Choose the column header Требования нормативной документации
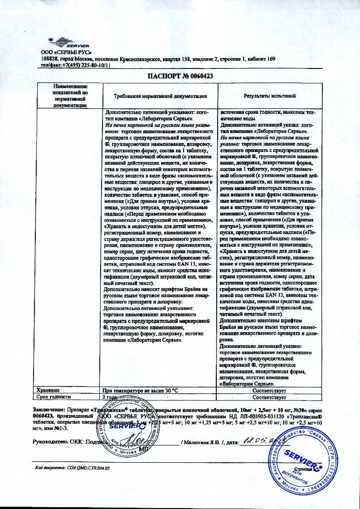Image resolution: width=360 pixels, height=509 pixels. [161, 96]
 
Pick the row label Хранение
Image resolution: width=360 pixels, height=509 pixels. [49, 389]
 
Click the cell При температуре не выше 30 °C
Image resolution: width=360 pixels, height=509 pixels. [140, 390]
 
